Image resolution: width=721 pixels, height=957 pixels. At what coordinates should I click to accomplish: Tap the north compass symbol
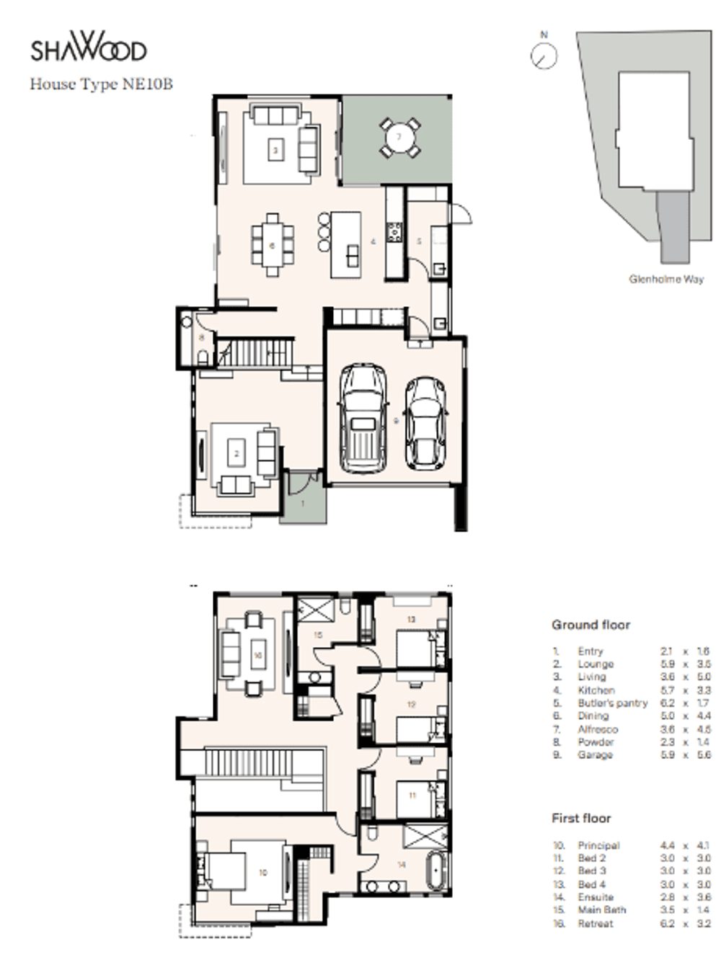point(544,55)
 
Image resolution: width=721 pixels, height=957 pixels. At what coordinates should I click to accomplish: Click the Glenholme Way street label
point(665,279)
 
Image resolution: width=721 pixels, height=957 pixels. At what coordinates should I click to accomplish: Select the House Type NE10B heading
point(101,84)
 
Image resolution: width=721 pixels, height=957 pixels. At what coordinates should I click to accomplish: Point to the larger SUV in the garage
point(363,418)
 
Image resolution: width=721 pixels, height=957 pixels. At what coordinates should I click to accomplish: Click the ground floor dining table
point(273,244)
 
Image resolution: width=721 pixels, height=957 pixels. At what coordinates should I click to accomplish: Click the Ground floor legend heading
point(590,625)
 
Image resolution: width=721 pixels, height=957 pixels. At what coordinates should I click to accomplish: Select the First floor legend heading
point(581,818)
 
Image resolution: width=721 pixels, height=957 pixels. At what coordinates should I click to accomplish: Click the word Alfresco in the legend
point(597,729)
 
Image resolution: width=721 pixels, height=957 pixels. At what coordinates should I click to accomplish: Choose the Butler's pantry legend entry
point(612,703)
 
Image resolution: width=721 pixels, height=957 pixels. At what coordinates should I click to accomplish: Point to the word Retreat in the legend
point(596,923)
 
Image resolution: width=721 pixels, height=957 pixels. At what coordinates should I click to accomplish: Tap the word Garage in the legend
point(595,755)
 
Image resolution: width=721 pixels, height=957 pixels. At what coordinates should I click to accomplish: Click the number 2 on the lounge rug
point(236,454)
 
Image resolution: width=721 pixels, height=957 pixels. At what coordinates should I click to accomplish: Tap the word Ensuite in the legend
point(596,897)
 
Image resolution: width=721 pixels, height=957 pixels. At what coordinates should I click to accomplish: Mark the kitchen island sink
point(353,256)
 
